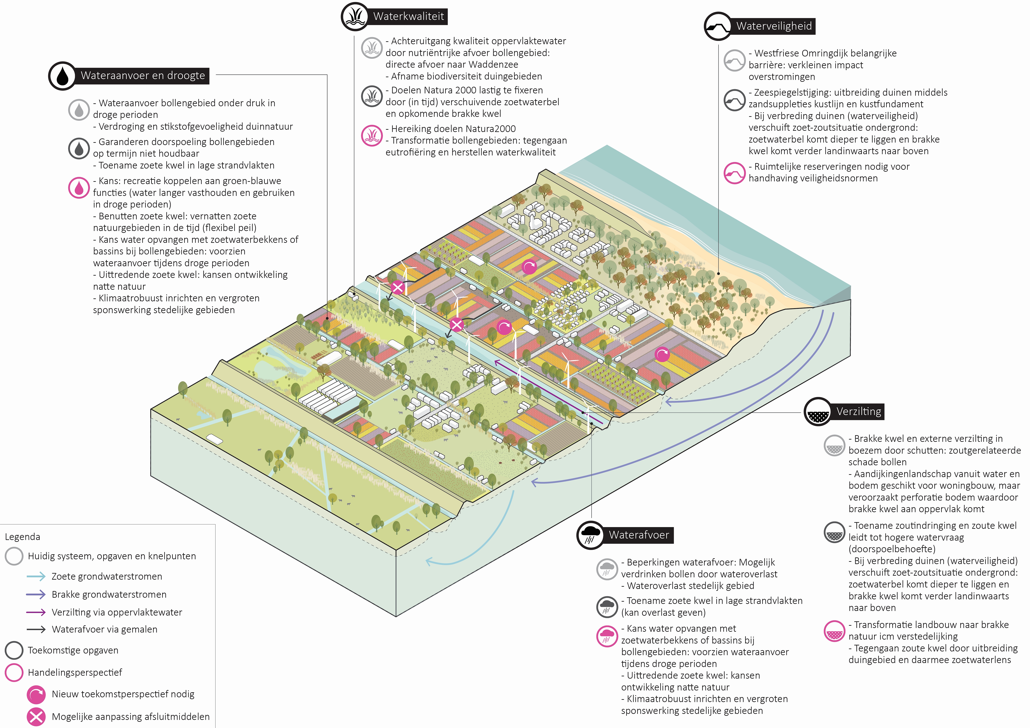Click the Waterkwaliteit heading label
408,17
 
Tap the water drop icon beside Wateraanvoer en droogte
62,76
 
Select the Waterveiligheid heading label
774,26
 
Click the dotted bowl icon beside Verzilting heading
818,412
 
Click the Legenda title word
22,537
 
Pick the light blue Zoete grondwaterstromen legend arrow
36,576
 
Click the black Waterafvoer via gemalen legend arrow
36,629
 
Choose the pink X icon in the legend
36,716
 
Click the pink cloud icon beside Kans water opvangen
607,636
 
